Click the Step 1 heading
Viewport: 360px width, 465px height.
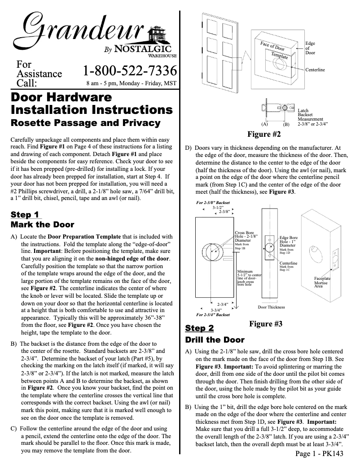pos(25,214)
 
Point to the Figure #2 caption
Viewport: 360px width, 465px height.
pos(264,134)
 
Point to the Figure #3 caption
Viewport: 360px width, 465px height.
pos(266,324)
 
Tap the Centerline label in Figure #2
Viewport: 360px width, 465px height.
pos(315,70)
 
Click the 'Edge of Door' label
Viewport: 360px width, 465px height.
pos(310,48)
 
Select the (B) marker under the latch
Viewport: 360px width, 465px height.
pos(286,123)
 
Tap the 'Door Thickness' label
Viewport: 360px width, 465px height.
pos(271,307)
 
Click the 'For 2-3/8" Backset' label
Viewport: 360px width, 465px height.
pos(213,203)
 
